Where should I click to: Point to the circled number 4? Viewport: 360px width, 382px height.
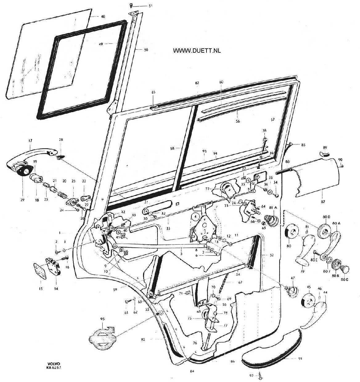coord(195,216)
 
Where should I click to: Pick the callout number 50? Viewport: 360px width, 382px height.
coord(146,49)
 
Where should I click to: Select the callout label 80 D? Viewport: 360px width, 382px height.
coord(326,217)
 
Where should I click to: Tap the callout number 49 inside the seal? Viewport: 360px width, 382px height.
coord(100,44)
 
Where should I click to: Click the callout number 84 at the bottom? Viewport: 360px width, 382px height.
coord(192,371)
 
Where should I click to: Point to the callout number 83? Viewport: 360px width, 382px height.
coord(153,92)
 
